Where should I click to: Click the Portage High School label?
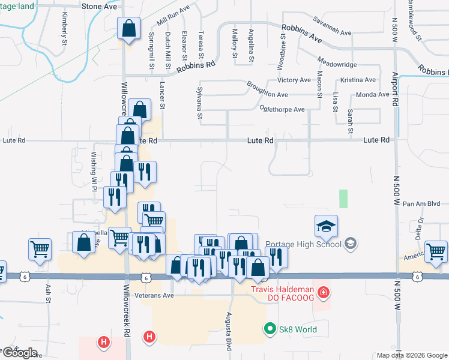(303, 244)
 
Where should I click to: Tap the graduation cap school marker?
(326, 227)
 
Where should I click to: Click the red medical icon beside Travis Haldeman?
(324, 292)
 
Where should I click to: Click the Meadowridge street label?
(337, 64)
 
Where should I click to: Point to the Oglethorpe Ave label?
(282, 109)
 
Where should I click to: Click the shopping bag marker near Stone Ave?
(128, 28)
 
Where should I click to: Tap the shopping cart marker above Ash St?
(40, 248)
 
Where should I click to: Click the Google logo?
(20, 353)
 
